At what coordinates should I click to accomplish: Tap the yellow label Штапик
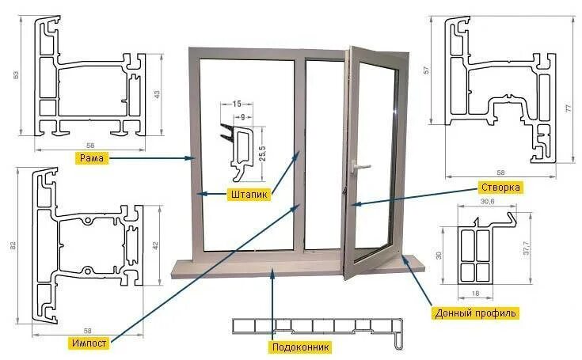pos(248,193)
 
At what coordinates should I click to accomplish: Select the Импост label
pos(89,343)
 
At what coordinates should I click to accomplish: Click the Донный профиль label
pos(475,313)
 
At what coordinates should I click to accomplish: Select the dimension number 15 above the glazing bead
pos(236,104)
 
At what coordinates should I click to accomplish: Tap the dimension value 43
pos(156,95)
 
